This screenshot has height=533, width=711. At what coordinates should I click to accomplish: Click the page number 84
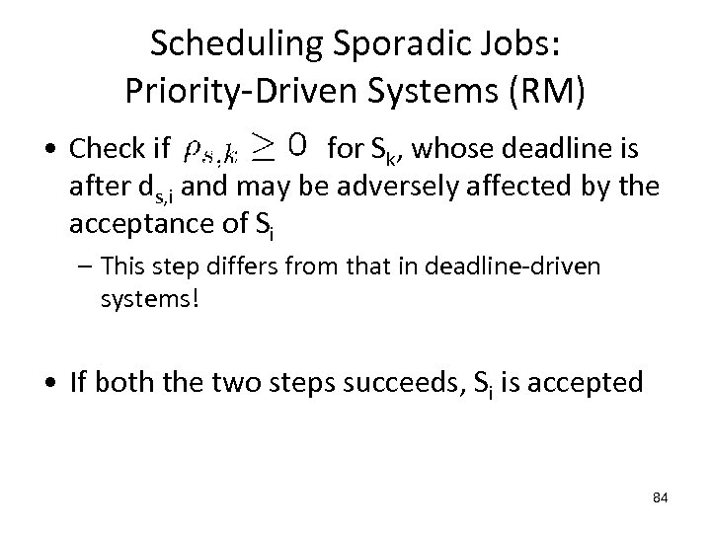[x=660, y=497]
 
